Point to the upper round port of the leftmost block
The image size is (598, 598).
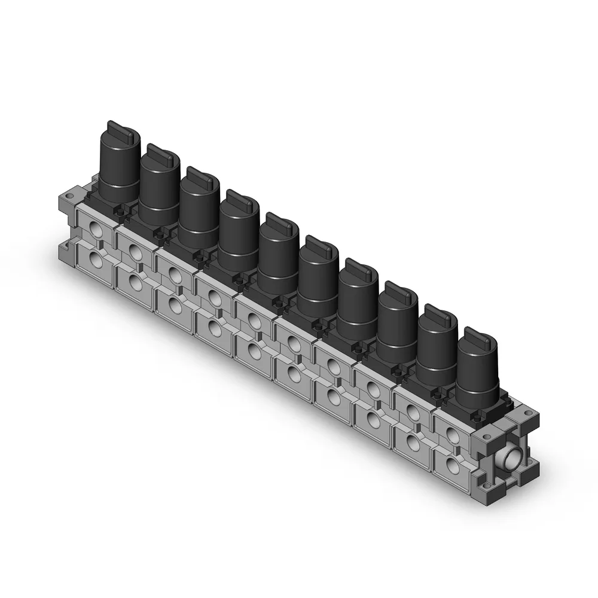[96, 227]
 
